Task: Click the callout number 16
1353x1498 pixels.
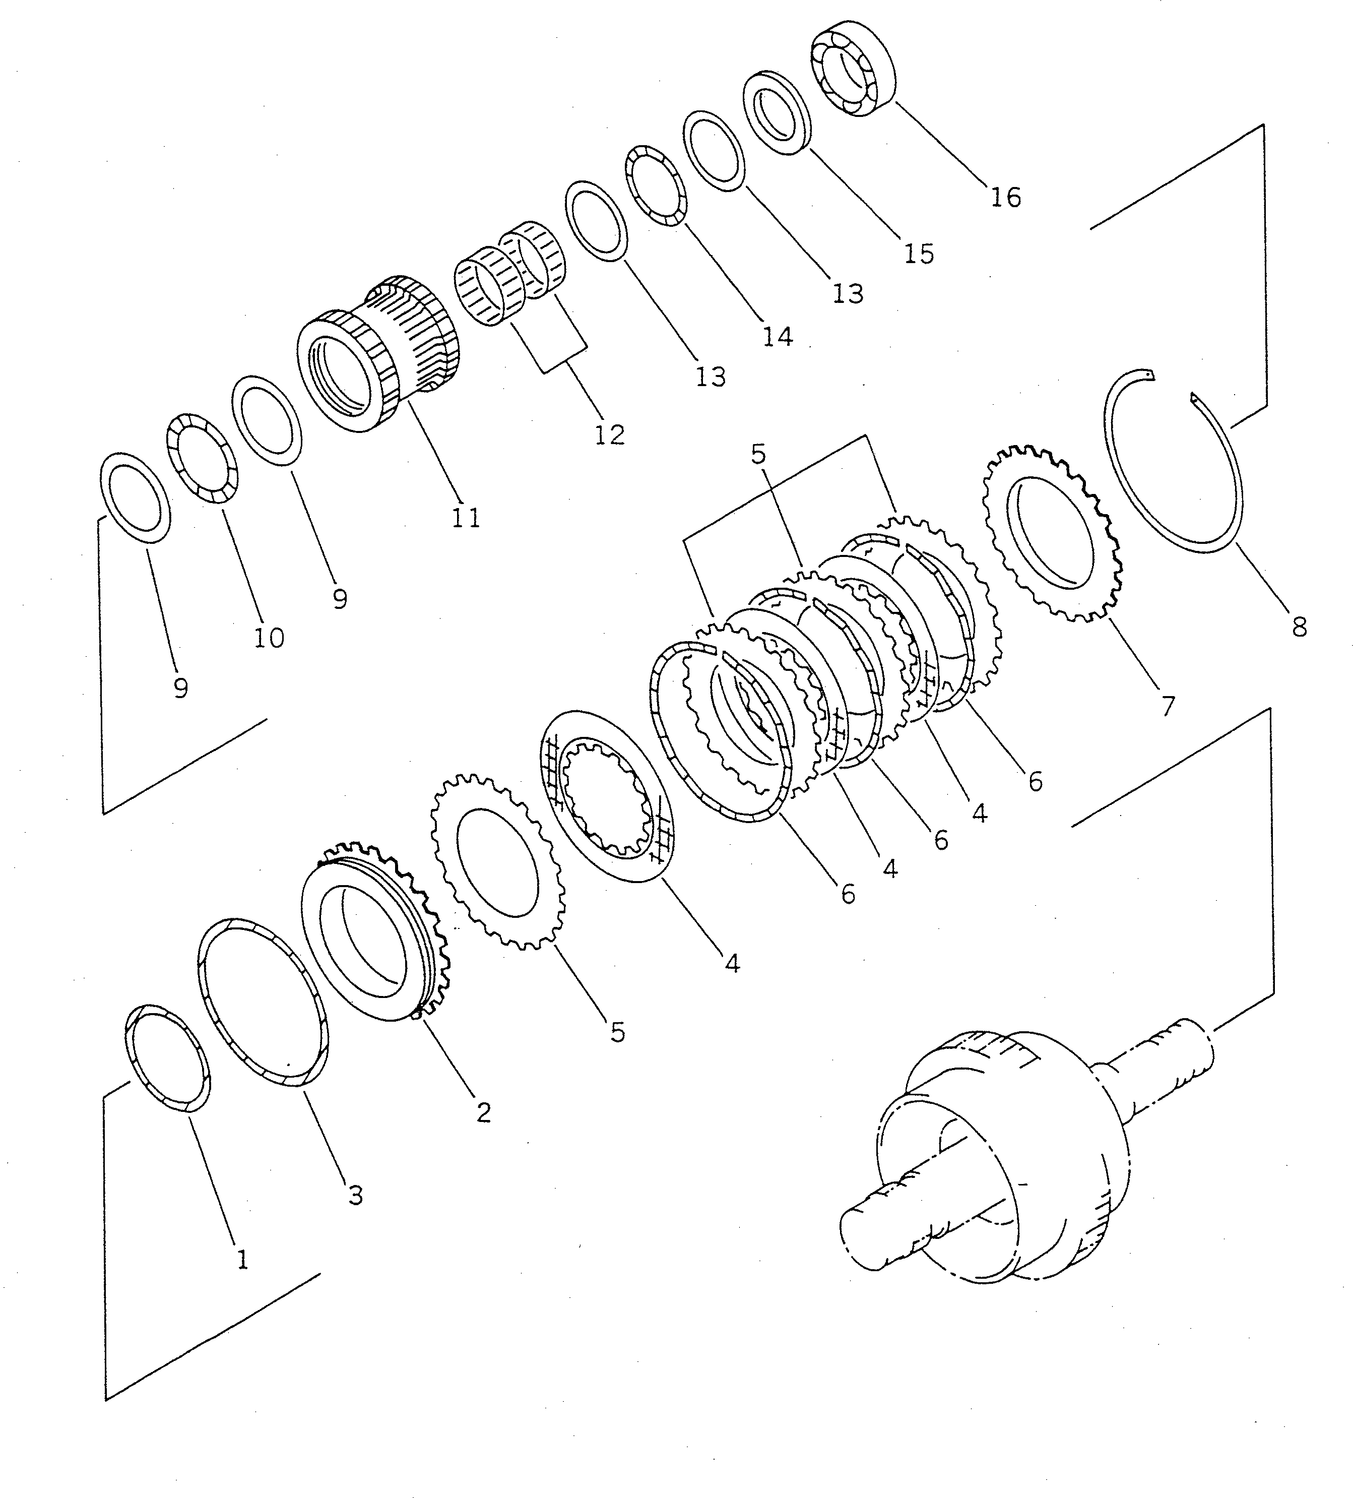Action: point(1005,198)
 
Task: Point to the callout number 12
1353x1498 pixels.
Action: point(609,434)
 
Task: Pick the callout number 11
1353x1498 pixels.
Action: point(466,517)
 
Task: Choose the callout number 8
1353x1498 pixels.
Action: point(1299,628)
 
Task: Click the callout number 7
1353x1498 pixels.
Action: point(1168,705)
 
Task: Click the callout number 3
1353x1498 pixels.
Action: point(355,1195)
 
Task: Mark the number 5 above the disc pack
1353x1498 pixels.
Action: point(758,453)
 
